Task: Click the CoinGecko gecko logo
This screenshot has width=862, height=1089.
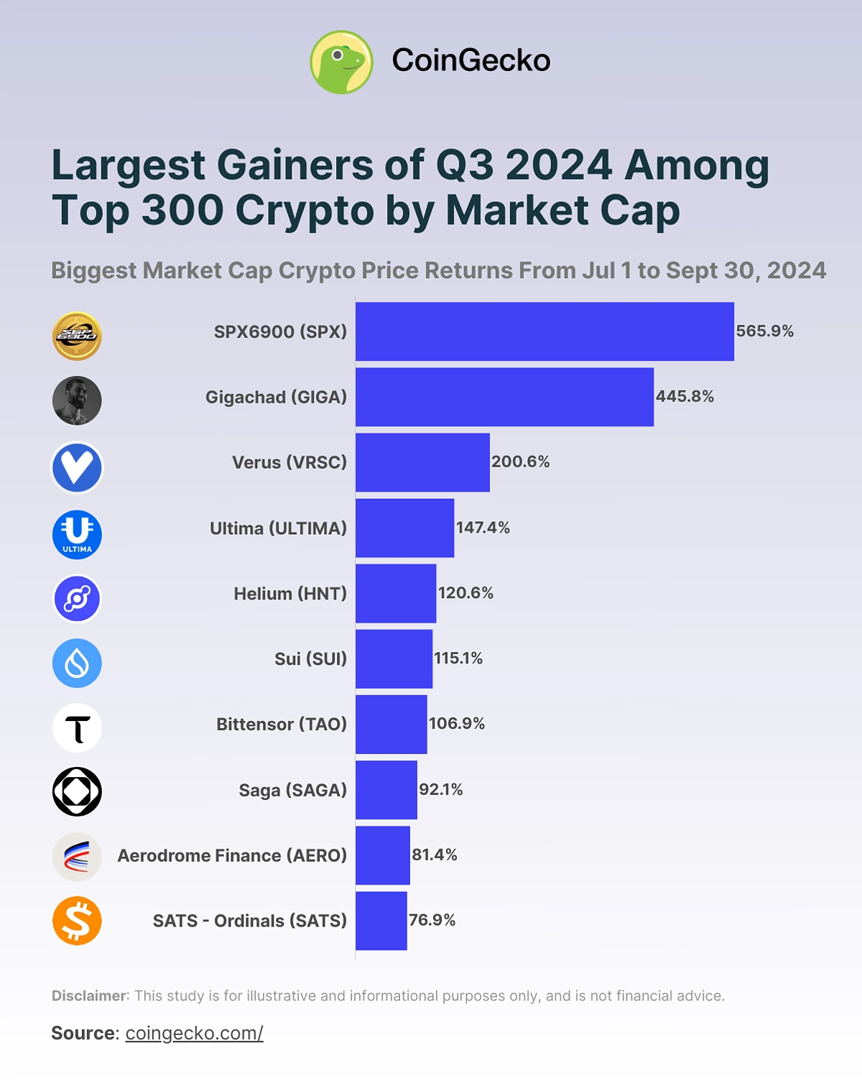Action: coord(341,62)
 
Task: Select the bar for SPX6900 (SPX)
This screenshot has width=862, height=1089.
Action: coord(544,331)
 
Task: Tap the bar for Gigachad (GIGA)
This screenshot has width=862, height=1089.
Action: coord(504,397)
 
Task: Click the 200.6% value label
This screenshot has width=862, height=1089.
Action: coord(520,461)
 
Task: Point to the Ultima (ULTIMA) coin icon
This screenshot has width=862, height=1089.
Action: coord(77,535)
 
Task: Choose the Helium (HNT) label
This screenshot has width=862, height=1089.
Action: coord(289,594)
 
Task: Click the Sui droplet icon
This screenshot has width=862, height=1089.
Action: coord(77,663)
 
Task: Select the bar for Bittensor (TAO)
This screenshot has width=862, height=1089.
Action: coord(391,724)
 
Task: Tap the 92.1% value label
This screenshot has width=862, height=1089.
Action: coord(440,789)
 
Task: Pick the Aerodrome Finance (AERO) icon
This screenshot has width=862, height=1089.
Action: coord(77,857)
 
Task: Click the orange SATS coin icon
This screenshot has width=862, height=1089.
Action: coord(77,921)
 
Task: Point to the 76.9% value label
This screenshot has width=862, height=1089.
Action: coord(432,920)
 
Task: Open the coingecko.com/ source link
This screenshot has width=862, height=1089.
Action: coord(194,1033)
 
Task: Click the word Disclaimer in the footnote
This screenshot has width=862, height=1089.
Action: coord(88,996)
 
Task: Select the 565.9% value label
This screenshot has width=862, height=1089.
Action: coord(764,331)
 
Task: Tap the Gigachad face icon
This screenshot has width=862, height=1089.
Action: coord(77,400)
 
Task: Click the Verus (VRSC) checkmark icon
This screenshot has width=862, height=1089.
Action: coord(77,467)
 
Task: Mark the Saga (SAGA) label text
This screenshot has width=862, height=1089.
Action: coord(292,790)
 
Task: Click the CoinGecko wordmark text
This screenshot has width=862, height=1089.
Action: coord(471,60)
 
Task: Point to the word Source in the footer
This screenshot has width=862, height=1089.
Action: coord(83,1033)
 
